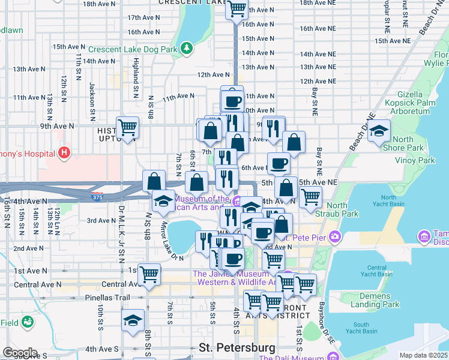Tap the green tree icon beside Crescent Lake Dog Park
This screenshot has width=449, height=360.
[187, 47]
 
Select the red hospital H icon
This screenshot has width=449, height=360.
[64, 154]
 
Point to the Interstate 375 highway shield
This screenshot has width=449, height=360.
[95, 196]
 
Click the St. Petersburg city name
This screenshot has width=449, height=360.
[237, 347]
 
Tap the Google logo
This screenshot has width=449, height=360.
[19, 353]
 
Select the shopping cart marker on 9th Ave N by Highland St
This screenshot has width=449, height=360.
[127, 127]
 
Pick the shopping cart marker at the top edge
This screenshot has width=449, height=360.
[237, 9]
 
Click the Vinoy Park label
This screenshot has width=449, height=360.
[415, 160]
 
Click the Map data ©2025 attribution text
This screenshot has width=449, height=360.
[423, 356]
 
